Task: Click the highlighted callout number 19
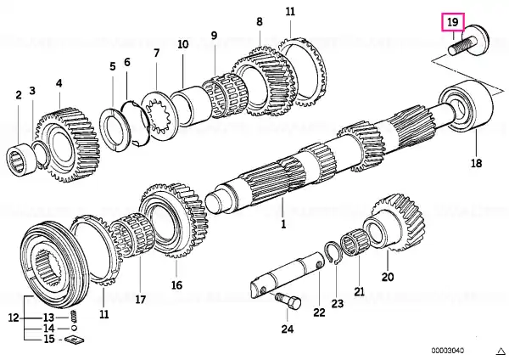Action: click(x=452, y=22)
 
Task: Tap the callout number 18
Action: click(x=476, y=163)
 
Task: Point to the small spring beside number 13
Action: click(x=74, y=316)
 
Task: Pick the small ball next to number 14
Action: click(x=74, y=328)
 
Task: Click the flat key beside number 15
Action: click(x=75, y=340)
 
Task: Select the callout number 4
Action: click(x=59, y=83)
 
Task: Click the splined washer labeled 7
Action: click(x=160, y=115)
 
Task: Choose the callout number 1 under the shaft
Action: click(x=283, y=224)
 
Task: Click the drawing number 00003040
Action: click(x=448, y=351)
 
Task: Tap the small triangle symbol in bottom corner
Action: click(x=501, y=351)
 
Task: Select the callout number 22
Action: click(x=320, y=312)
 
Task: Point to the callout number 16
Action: click(x=177, y=285)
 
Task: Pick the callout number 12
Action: click(x=14, y=318)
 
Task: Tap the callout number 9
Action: click(x=214, y=35)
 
